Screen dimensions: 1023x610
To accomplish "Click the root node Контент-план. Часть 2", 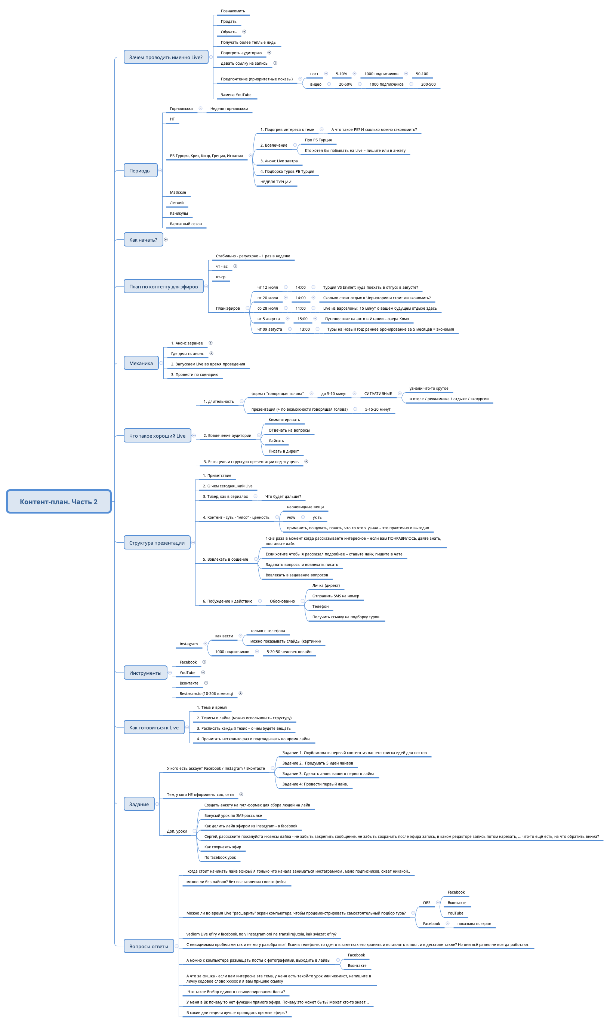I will coord(59,502).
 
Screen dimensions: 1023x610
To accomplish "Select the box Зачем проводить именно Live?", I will coord(166,57).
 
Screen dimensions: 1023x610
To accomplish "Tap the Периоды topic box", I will coord(140,170).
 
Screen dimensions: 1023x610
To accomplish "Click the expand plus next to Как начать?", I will coord(166,239).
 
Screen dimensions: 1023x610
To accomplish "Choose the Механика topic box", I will coord(141,363).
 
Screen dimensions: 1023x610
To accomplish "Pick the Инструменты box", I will coord(145,673).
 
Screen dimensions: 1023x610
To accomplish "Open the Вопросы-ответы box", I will coord(148,946).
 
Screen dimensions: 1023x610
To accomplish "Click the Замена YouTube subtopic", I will coord(236,95).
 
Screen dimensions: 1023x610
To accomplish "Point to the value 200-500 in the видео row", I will coord(428,84).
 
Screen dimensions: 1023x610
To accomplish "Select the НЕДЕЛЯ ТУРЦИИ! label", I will coord(276,182).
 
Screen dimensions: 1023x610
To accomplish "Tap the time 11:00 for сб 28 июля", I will coord(301,308).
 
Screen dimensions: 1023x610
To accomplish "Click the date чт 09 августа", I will coord(269,329).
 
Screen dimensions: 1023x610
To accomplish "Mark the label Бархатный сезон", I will coord(186,224).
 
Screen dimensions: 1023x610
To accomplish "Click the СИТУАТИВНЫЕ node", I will coord(378,393).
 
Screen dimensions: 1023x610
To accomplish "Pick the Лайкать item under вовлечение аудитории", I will coord(276,441).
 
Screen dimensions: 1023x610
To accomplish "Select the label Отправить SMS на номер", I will coord(335,595).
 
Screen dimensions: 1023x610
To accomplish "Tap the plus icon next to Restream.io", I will coord(240,693).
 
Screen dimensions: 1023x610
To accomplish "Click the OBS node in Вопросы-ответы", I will coord(427,903).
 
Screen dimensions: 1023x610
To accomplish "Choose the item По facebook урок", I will coord(220,857).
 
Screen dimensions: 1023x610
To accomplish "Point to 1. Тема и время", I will coord(212,707).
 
